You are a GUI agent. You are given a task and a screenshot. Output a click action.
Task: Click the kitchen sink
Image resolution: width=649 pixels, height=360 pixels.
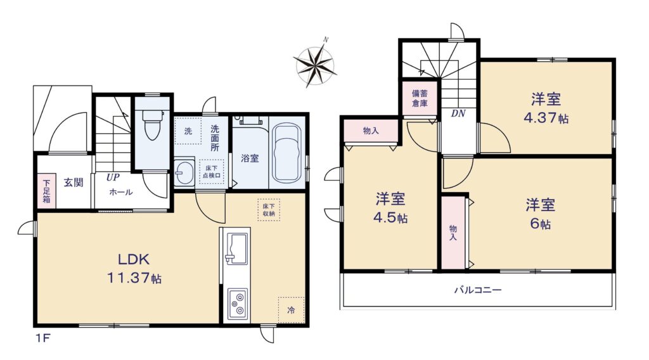coord(236,247)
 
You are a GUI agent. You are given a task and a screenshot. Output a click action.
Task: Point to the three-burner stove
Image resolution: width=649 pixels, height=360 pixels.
coord(237,304)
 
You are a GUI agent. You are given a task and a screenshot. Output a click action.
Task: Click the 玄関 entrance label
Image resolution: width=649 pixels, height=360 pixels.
coord(74,182)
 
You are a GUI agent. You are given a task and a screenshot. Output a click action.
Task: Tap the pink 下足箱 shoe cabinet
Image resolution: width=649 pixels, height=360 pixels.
coord(46,191)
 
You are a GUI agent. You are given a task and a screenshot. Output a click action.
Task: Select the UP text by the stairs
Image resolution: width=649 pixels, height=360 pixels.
coord(113,177)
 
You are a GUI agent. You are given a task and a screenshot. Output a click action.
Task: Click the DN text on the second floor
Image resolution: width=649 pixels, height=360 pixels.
coord(458,113)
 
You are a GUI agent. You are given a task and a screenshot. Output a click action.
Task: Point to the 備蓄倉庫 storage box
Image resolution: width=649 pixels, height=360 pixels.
coord(420,98)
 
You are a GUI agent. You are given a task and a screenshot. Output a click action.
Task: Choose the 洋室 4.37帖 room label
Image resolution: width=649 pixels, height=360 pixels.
coord(546,108)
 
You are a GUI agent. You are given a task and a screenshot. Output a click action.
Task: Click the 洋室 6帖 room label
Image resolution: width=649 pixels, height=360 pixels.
coord(540,214)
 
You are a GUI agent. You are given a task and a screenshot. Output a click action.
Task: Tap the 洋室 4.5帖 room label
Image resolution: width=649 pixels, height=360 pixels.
coord(390,208)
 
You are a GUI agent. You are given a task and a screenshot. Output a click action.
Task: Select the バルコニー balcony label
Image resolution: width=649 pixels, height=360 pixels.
coord(478,290)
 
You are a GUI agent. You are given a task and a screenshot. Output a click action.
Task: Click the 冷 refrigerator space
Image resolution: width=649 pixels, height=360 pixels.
coord(292,310)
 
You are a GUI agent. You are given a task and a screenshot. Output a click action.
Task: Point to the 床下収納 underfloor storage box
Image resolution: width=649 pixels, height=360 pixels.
coord(269,210)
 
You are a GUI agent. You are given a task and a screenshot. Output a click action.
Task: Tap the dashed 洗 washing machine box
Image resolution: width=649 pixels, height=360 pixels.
coord(188,131)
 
